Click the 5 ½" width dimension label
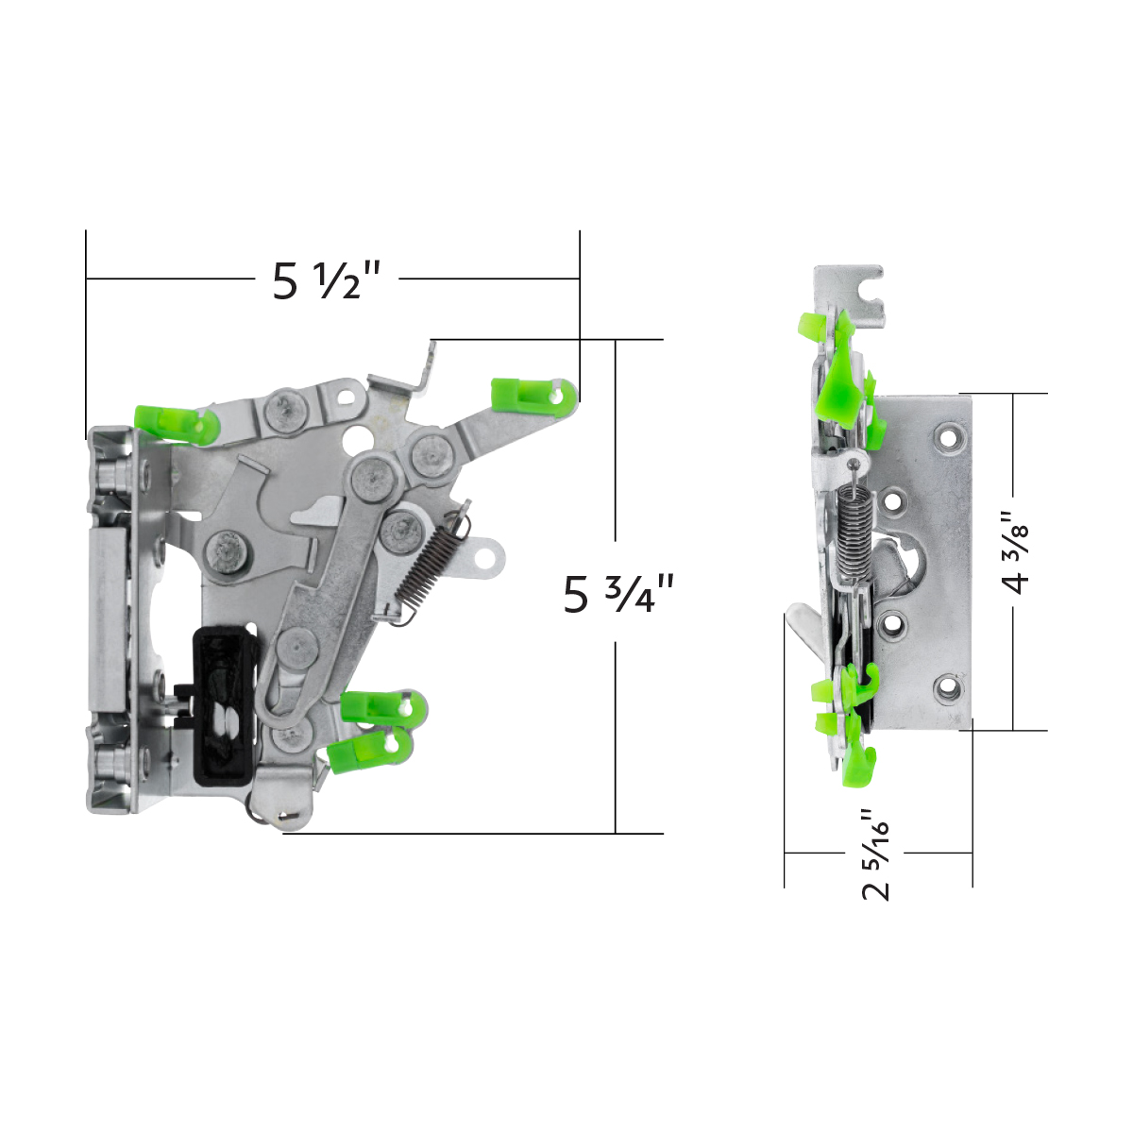pos(326,280)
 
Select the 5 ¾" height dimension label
pos(618,595)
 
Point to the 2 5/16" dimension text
pos(877,854)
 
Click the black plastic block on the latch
pos(224,704)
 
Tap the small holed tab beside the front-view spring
pos(485,556)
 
